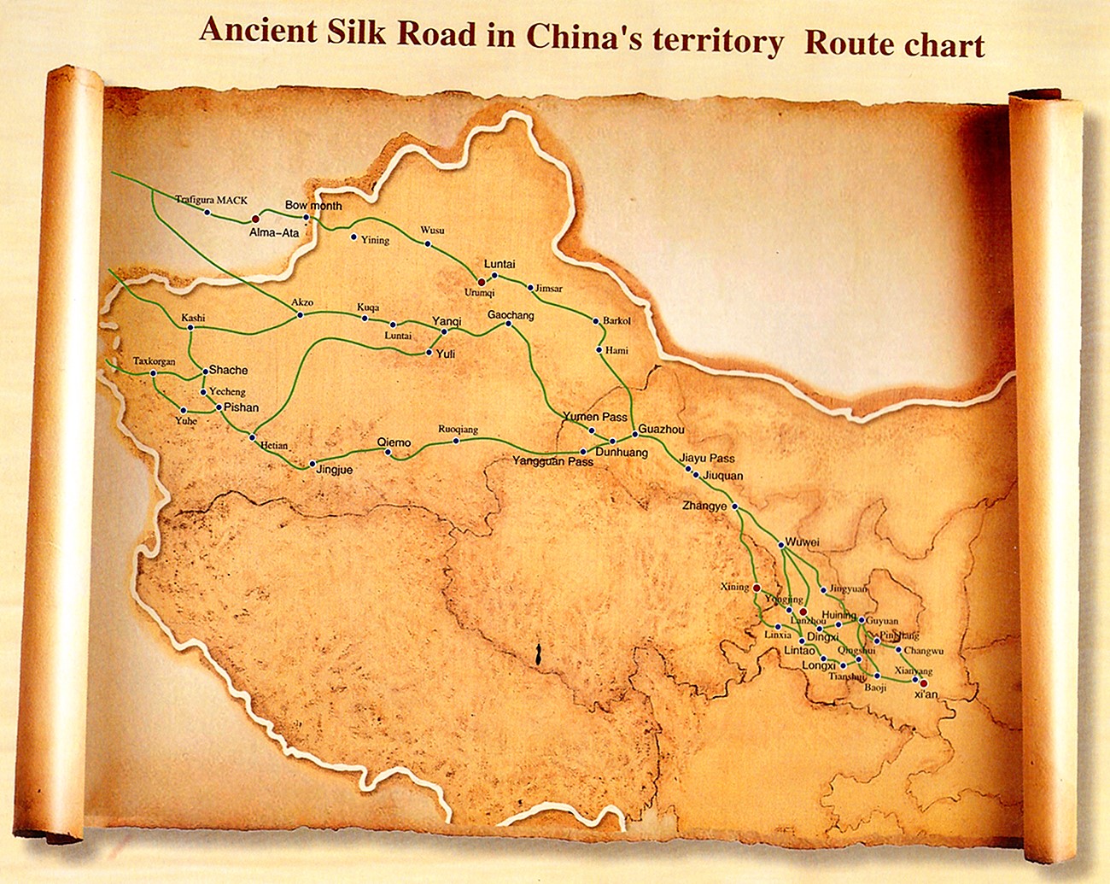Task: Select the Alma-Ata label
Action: (x=274, y=231)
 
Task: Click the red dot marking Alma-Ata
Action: (x=255, y=220)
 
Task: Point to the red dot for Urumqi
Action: (x=481, y=282)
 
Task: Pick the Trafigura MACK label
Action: (x=211, y=200)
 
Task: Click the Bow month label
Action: (x=313, y=206)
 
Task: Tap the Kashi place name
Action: (x=193, y=318)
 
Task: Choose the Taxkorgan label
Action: (x=154, y=361)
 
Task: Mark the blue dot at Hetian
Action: (x=252, y=436)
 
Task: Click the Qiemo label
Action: (x=394, y=442)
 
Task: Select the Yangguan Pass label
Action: (x=552, y=461)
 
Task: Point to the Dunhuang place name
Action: (x=621, y=453)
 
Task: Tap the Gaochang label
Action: (x=511, y=315)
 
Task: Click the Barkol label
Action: (x=616, y=321)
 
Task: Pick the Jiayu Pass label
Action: (x=707, y=458)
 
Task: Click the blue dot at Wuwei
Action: (x=781, y=544)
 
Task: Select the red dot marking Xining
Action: (x=757, y=588)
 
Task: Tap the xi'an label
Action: (x=926, y=694)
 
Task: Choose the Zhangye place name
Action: (x=704, y=506)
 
